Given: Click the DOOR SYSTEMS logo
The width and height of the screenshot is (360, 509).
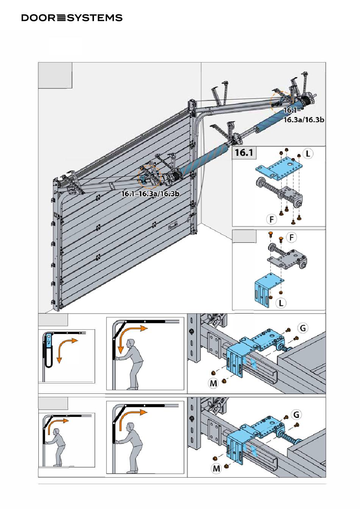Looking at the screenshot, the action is pyautogui.click(x=72, y=18).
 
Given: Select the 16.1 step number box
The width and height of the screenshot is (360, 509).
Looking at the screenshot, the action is pyautogui.click(x=244, y=152).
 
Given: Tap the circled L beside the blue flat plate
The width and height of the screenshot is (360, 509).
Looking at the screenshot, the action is pyautogui.click(x=308, y=154).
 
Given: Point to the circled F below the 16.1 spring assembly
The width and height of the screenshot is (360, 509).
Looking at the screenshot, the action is pyautogui.click(x=271, y=220).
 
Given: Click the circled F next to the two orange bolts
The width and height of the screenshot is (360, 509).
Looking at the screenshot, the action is pyautogui.click(x=291, y=237).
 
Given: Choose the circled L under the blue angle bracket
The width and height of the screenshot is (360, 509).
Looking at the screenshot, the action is pyautogui.click(x=281, y=303).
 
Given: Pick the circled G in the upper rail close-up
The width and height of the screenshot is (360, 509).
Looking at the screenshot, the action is pyautogui.click(x=303, y=328).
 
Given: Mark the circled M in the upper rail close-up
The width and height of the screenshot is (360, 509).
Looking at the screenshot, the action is pyautogui.click(x=213, y=383).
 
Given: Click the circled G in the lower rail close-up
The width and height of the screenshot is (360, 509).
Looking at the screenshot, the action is pyautogui.click(x=296, y=415).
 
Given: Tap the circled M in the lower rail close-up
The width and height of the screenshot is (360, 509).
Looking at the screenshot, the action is pyautogui.click(x=216, y=468).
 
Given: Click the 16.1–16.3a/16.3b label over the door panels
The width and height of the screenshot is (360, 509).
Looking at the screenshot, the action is pyautogui.click(x=150, y=194).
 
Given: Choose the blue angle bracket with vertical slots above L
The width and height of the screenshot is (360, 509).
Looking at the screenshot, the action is pyautogui.click(x=268, y=289).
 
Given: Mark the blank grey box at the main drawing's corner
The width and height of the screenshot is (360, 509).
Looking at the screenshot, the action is pyautogui.click(x=55, y=75).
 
